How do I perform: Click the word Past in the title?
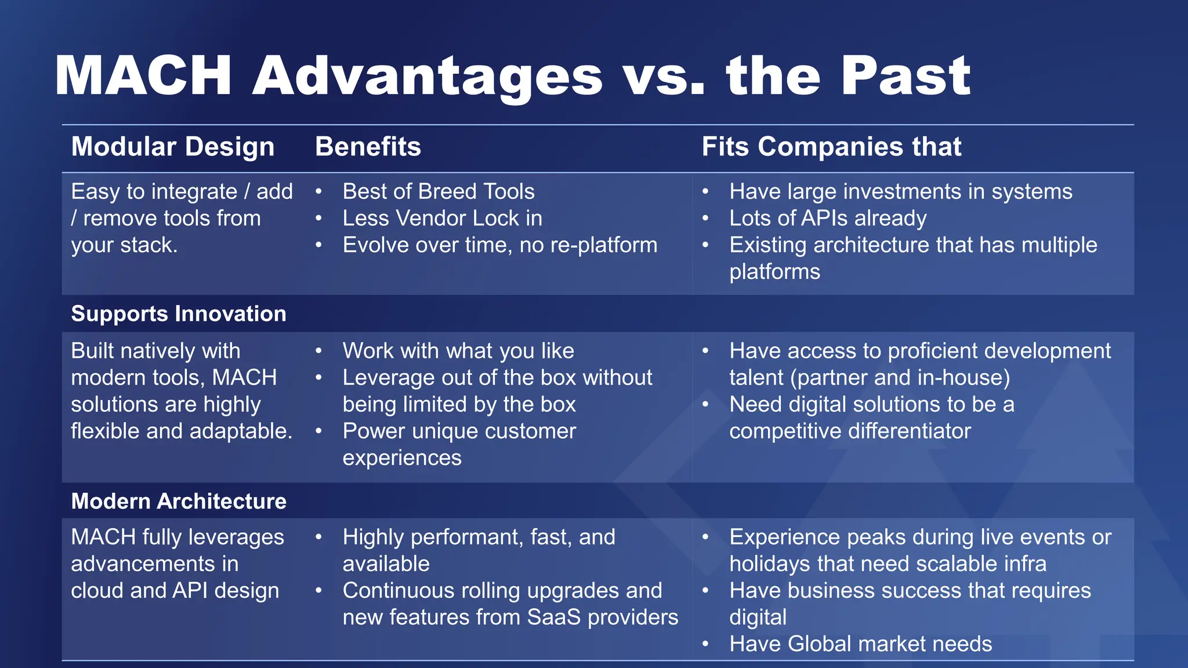pyautogui.click(x=906, y=76)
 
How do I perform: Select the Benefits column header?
pyautogui.click(x=368, y=147)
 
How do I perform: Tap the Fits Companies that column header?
pyautogui.click(x=831, y=147)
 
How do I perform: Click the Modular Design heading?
pyautogui.click(x=172, y=147)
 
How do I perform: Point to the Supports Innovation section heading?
pyautogui.click(x=178, y=314)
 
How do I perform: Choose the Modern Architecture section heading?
pyautogui.click(x=178, y=501)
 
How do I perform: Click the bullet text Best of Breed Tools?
pyautogui.click(x=438, y=191)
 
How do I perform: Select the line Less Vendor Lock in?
pyautogui.click(x=442, y=219)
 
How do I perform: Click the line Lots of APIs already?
pyautogui.click(x=828, y=219)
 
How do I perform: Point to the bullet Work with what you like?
pyautogui.click(x=458, y=351)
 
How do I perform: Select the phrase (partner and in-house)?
pyautogui.click(x=900, y=377)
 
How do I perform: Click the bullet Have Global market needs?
pyautogui.click(x=860, y=644)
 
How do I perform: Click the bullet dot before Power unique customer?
pyautogui.click(x=318, y=431)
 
